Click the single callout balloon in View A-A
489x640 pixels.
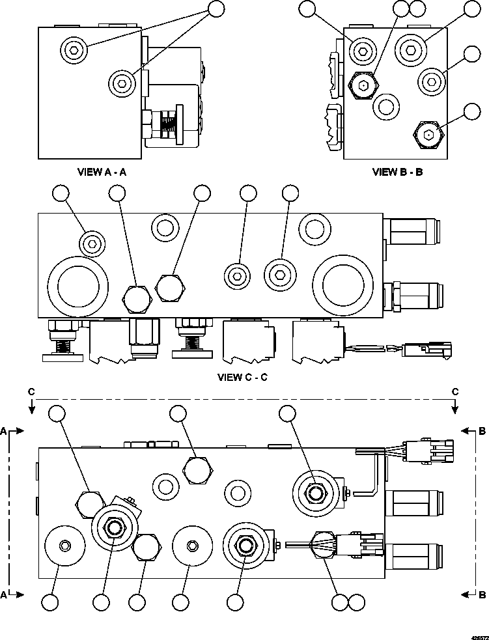(216, 8)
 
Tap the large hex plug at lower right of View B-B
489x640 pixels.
(428, 135)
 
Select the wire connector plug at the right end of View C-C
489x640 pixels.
(425, 350)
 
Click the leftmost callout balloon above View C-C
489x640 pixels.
(61, 193)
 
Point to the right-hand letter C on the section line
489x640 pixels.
(455, 391)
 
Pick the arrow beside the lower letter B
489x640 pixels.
(466, 594)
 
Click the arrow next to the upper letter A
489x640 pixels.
(19, 431)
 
